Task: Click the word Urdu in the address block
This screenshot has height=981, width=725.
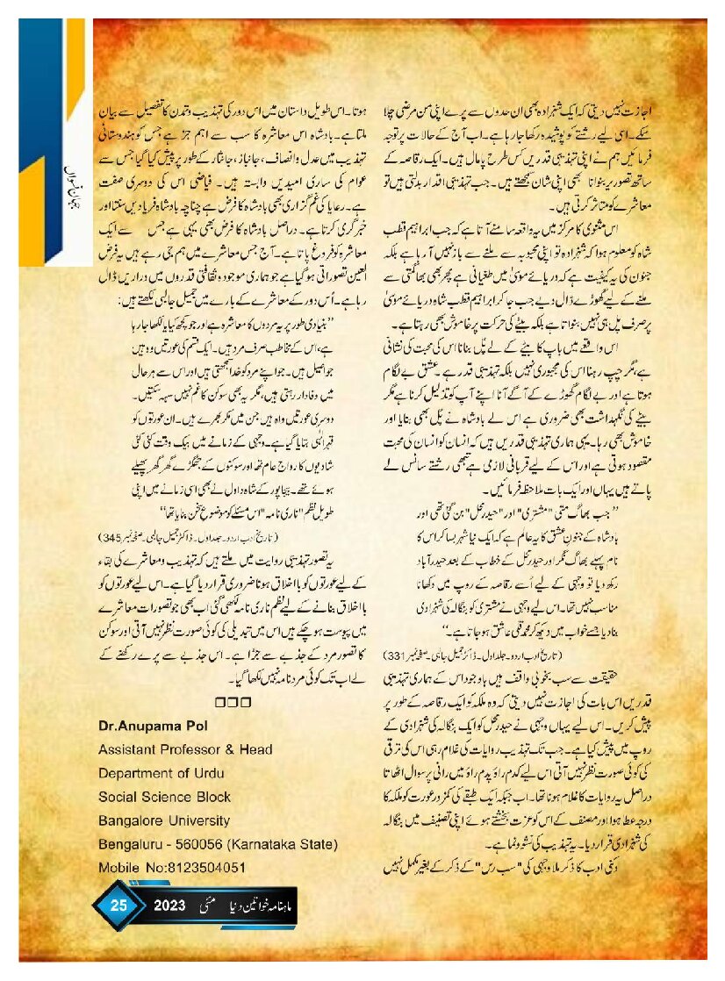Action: coord(226,749)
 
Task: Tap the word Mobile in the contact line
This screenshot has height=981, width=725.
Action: coord(119,844)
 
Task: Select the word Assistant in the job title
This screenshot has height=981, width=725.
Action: coord(126,726)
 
